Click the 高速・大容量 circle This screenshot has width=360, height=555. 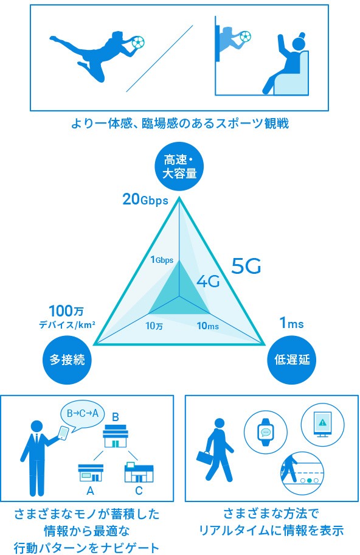(x=179, y=167)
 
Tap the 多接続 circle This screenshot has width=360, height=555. (x=67, y=360)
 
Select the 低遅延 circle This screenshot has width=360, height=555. (x=292, y=360)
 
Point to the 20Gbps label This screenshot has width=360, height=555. (x=145, y=200)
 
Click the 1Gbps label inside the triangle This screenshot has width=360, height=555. (x=162, y=260)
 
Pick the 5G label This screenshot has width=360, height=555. (x=246, y=266)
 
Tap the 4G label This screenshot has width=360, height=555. (x=208, y=281)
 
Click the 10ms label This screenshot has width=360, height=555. (x=208, y=326)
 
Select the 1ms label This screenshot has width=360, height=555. (x=291, y=323)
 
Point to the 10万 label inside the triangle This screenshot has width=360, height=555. (x=154, y=326)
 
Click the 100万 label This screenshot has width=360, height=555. (x=66, y=311)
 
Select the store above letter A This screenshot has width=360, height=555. (x=91, y=472)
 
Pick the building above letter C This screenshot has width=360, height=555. (x=139, y=472)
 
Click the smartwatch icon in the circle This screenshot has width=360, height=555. (x=266, y=433)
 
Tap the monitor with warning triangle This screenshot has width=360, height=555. (x=322, y=424)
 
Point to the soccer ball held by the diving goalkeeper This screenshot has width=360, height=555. (x=138, y=42)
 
